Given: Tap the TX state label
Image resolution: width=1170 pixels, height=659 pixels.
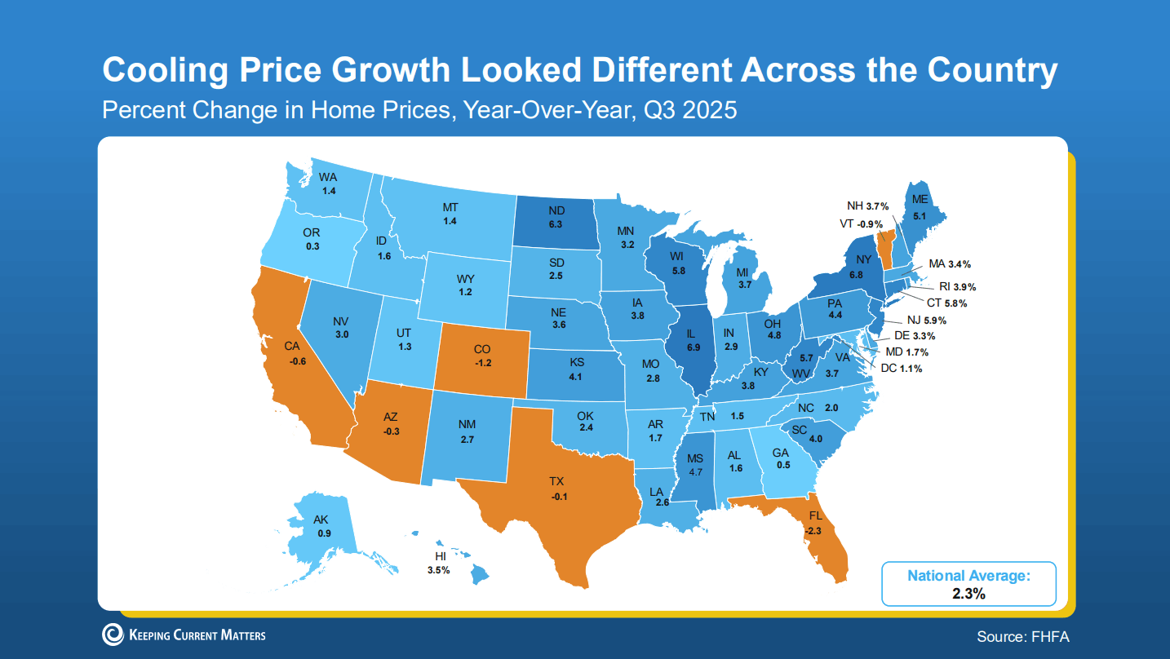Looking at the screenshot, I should pyautogui.click(x=557, y=482).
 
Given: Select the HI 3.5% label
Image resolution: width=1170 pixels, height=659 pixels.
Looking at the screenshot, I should pyautogui.click(x=438, y=564).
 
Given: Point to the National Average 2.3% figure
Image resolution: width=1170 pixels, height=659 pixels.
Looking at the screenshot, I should pyautogui.click(x=968, y=593).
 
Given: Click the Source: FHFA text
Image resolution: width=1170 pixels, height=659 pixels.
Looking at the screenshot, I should pyautogui.click(x=1022, y=636).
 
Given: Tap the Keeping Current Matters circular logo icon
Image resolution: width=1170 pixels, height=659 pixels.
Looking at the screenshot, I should pyautogui.click(x=113, y=635).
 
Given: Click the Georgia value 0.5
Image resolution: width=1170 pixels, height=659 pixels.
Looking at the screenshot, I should pyautogui.click(x=783, y=465).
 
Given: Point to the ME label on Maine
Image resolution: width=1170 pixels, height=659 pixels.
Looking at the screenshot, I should pyautogui.click(x=920, y=200).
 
